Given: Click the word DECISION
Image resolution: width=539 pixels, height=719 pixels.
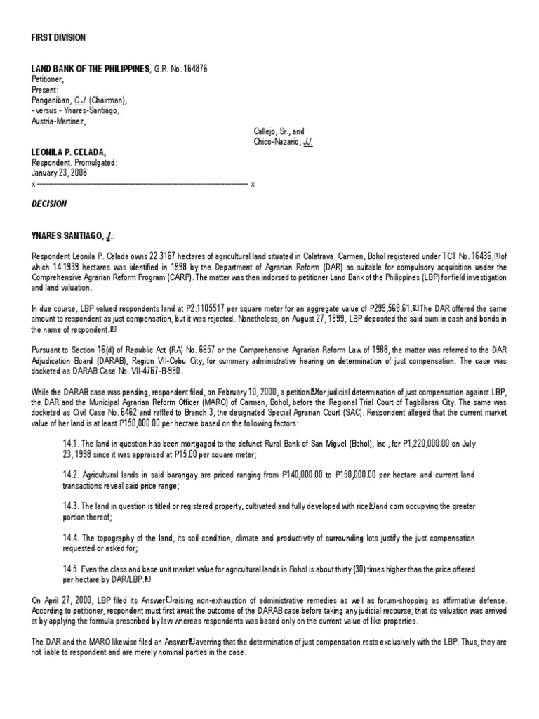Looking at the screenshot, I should (49, 204).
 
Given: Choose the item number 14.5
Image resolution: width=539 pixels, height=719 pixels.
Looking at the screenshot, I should (73, 567).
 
